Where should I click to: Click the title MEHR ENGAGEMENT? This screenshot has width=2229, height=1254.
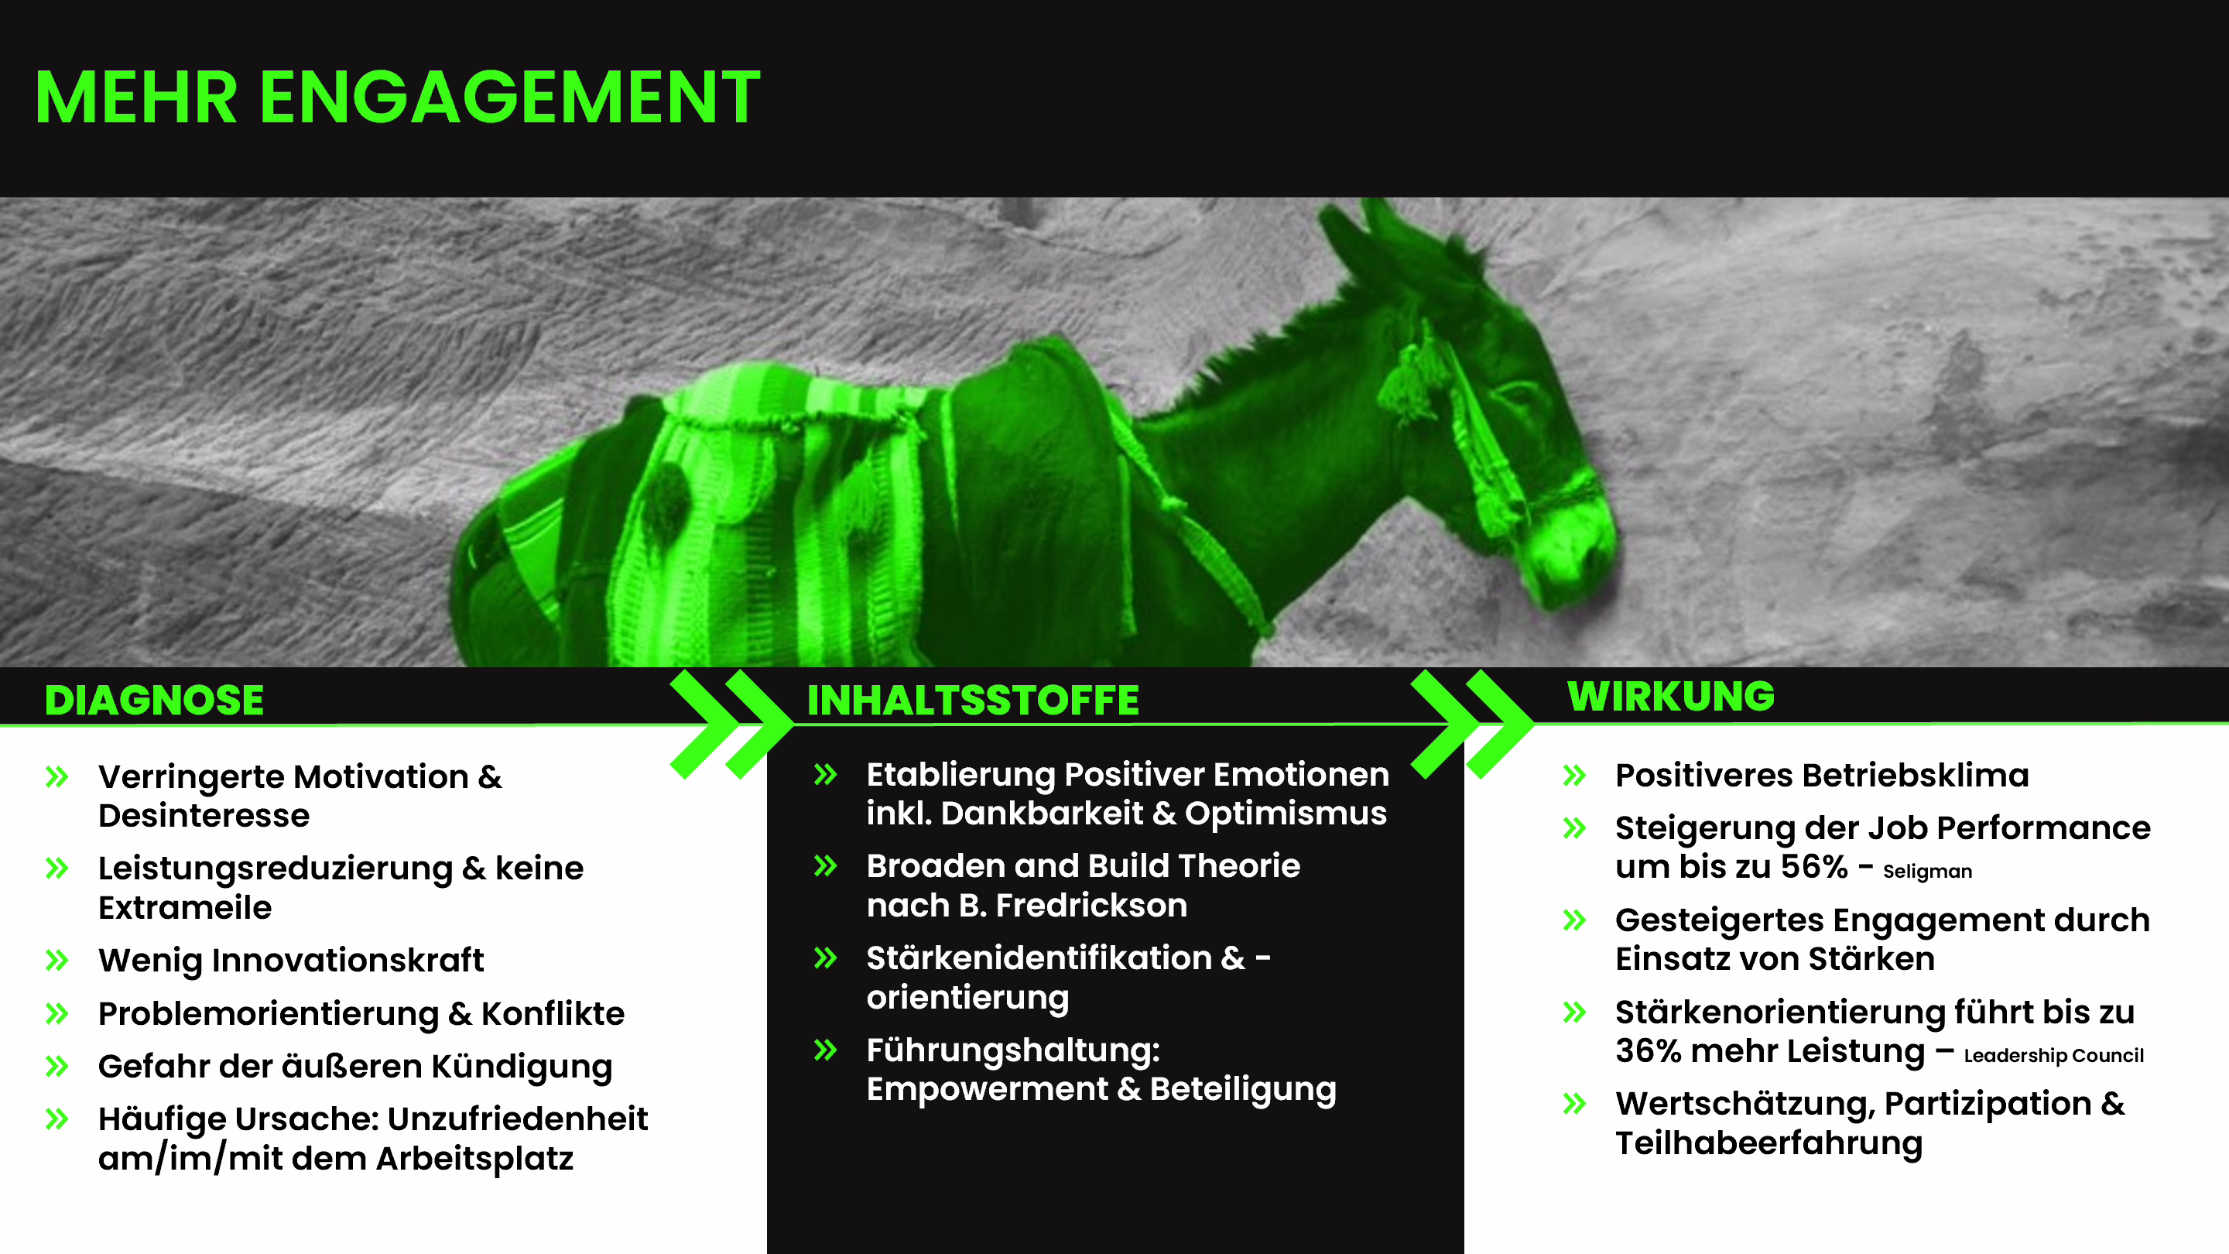pyautogui.click(x=397, y=97)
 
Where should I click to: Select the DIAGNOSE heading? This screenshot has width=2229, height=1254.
pyautogui.click(x=154, y=699)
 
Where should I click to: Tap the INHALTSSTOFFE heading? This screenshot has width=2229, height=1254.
pyautogui.click(x=973, y=699)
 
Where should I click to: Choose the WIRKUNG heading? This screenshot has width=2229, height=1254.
pyautogui.click(x=1671, y=696)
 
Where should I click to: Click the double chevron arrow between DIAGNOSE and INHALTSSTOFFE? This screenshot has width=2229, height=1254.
pyautogui.click(x=731, y=724)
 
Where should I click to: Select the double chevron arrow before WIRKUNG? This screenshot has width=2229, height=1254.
pyautogui.click(x=1472, y=724)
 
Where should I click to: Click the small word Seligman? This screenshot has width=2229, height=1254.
pyautogui.click(x=1927, y=871)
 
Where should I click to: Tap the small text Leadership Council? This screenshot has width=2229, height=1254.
pyautogui.click(x=2053, y=1055)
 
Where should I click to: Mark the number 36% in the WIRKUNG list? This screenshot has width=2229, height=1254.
pyautogui.click(x=1648, y=1050)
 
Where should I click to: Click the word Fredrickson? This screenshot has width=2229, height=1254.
pyautogui.click(x=1091, y=905)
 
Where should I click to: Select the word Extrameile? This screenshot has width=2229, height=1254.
pyautogui.click(x=185, y=908)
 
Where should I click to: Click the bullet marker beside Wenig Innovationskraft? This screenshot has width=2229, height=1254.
pyautogui.click(x=57, y=960)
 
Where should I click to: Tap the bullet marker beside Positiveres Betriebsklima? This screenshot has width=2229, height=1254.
pyautogui.click(x=1575, y=775)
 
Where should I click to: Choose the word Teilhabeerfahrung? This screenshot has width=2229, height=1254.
pyautogui.click(x=1768, y=1143)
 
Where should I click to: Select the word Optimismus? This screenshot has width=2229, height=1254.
pyautogui.click(x=1286, y=814)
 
